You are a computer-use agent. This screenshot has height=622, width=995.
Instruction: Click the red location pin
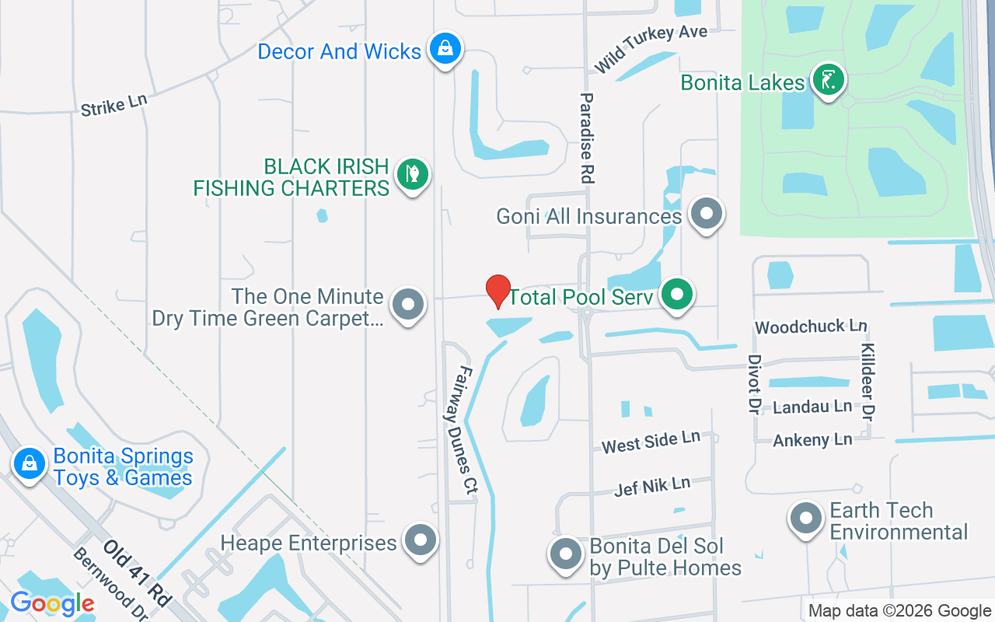[498, 291]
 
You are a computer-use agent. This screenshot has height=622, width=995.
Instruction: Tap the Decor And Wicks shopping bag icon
[444, 49]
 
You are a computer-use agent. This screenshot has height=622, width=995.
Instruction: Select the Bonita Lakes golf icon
[829, 79]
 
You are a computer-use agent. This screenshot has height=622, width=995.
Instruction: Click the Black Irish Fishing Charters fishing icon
[412, 174]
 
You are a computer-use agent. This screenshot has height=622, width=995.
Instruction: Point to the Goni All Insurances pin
[707, 212]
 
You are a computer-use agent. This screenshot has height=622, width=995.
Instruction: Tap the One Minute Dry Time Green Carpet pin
[408, 305]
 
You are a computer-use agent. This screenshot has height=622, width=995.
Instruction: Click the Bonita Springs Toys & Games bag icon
[30, 464]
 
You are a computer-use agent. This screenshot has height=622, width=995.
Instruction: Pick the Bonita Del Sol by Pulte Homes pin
[566, 554]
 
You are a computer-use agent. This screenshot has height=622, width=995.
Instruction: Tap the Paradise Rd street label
[587, 138]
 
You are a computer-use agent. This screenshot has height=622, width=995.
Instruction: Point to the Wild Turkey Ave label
[651, 48]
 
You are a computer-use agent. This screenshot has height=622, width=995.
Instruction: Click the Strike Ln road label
[113, 105]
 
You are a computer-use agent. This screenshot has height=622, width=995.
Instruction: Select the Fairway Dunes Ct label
[465, 430]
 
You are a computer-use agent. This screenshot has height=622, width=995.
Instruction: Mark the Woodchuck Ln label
[811, 327]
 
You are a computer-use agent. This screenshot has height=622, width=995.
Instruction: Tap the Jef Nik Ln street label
[651, 487]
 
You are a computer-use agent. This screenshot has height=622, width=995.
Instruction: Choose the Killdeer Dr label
[868, 380]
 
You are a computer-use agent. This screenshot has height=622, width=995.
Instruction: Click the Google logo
[52, 603]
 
